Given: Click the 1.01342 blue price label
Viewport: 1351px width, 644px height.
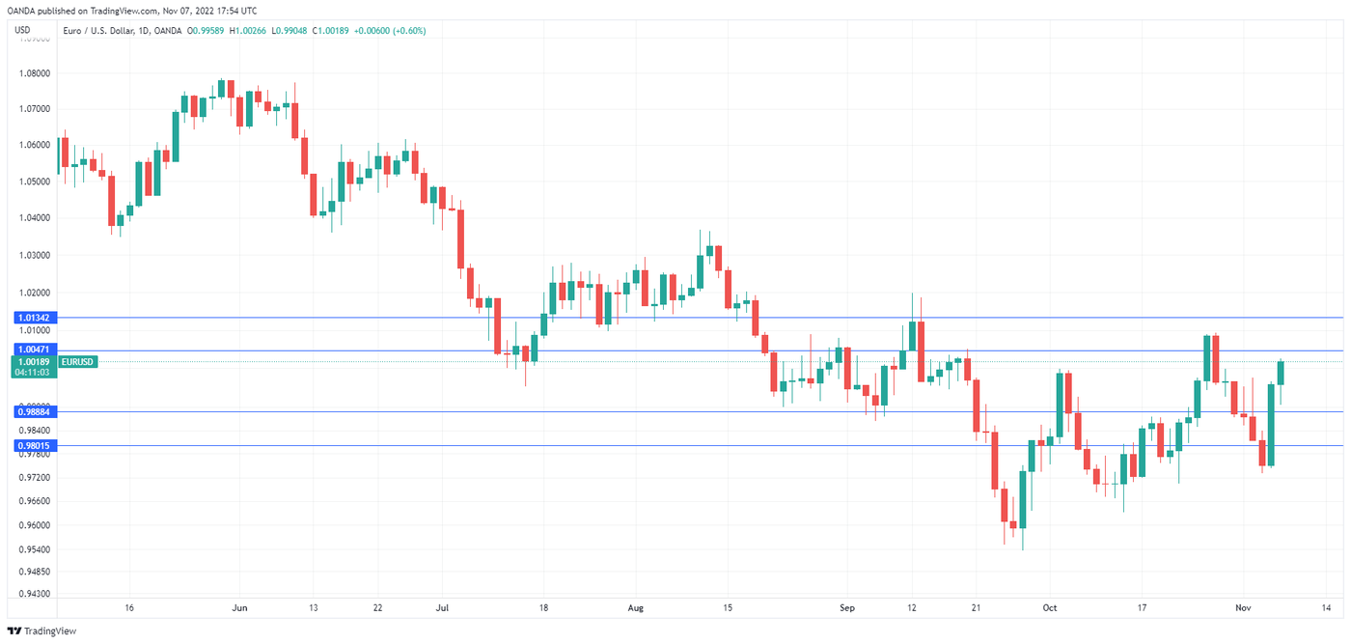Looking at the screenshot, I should [x=34, y=318].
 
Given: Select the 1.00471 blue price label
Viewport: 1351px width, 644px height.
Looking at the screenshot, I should [x=34, y=350].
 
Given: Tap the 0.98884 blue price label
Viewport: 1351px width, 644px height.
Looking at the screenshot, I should [x=34, y=411].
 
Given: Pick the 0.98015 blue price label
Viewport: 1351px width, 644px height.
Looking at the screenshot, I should [x=34, y=445].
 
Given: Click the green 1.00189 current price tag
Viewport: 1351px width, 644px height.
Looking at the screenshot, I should [x=34, y=361].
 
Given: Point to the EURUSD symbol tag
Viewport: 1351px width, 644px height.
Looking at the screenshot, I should [x=77, y=361].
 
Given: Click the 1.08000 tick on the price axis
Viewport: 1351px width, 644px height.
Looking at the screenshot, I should [x=34, y=72].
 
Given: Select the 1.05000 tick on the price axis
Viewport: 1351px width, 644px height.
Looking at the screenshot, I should [x=34, y=182].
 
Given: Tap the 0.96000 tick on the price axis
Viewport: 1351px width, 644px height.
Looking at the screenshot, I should [x=34, y=525].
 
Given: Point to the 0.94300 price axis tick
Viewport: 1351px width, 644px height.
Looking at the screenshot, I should [x=34, y=594].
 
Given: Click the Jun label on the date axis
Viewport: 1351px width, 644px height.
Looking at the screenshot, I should [x=240, y=608].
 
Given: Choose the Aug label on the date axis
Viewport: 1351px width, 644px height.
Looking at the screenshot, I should [x=634, y=608].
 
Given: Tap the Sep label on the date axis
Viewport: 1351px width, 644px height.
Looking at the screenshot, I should [x=847, y=608].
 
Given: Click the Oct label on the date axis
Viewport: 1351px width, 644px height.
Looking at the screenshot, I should [x=1050, y=608].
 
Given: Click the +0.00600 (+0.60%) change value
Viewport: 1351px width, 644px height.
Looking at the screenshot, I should [x=391, y=31].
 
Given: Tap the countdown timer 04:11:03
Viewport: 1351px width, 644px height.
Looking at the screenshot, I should [x=34, y=372].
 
